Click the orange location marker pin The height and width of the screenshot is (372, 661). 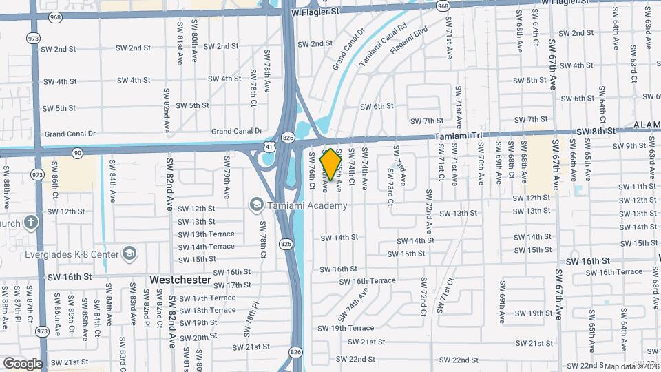(330, 164)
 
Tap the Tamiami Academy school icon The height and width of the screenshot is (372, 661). (257, 205)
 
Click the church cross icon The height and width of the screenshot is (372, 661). (30, 223)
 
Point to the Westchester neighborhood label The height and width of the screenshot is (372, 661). (180, 280)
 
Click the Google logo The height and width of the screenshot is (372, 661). (23, 363)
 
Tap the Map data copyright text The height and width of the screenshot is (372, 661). (631, 366)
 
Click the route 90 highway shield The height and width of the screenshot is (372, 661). (76, 152)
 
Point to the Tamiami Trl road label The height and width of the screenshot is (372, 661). (459, 137)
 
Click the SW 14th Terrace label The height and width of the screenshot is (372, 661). (206, 247)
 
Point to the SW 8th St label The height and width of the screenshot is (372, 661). (595, 130)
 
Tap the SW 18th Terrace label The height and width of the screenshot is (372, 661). (207, 310)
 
